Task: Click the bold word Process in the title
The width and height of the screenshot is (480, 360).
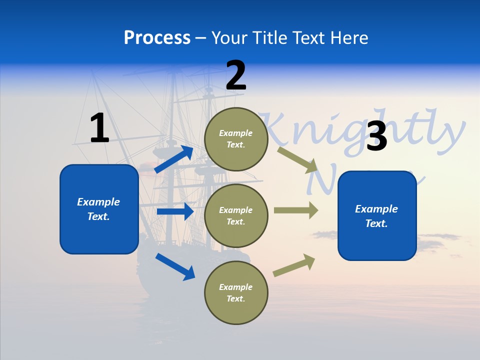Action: (x=157, y=38)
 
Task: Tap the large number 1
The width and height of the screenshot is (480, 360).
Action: (x=99, y=128)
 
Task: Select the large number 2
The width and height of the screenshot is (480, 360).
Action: (x=236, y=75)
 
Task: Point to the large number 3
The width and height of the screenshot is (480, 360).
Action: (x=376, y=136)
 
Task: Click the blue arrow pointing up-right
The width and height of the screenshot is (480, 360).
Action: (x=174, y=159)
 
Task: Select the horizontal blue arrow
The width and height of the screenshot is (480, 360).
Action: (x=175, y=211)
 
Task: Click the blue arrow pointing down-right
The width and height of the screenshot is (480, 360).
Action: (x=175, y=266)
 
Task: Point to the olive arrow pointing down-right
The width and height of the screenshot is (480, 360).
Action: (x=297, y=159)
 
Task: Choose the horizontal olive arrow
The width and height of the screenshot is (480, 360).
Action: (x=296, y=210)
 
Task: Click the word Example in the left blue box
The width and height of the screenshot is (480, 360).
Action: (x=98, y=202)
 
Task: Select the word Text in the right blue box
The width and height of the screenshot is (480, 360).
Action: (x=376, y=223)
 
